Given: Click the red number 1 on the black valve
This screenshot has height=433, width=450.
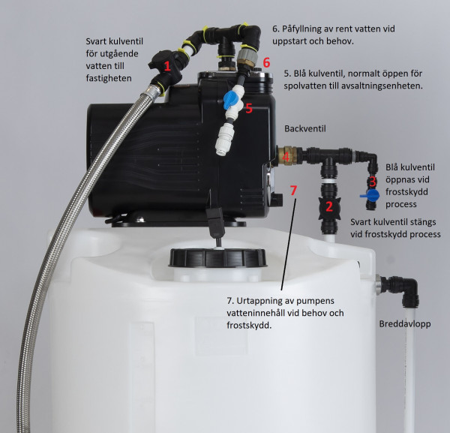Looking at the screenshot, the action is (167, 66).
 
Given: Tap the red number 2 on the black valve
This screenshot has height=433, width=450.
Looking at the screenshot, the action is (329, 206).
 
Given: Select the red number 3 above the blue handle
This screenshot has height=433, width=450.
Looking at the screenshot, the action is (372, 182).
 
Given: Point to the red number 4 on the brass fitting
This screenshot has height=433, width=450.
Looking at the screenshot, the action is (286, 157).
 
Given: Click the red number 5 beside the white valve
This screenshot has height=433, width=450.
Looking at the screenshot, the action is (249, 109).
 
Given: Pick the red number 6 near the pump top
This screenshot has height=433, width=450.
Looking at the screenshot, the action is (266, 62).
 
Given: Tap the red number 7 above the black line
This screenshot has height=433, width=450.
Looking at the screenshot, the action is (293, 190).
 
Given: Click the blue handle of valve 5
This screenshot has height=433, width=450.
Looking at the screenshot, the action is (230, 99).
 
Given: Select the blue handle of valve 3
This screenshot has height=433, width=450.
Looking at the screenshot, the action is (370, 195).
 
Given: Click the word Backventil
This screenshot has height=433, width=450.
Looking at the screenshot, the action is (305, 128).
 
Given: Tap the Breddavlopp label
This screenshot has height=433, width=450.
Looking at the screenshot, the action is (405, 324).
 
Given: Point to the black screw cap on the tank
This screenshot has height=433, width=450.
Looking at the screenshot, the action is (217, 257).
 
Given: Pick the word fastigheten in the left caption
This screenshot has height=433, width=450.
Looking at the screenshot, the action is (109, 78).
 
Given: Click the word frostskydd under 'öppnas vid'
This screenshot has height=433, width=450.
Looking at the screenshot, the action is (406, 192).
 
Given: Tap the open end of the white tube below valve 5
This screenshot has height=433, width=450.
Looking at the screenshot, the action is (220, 152).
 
